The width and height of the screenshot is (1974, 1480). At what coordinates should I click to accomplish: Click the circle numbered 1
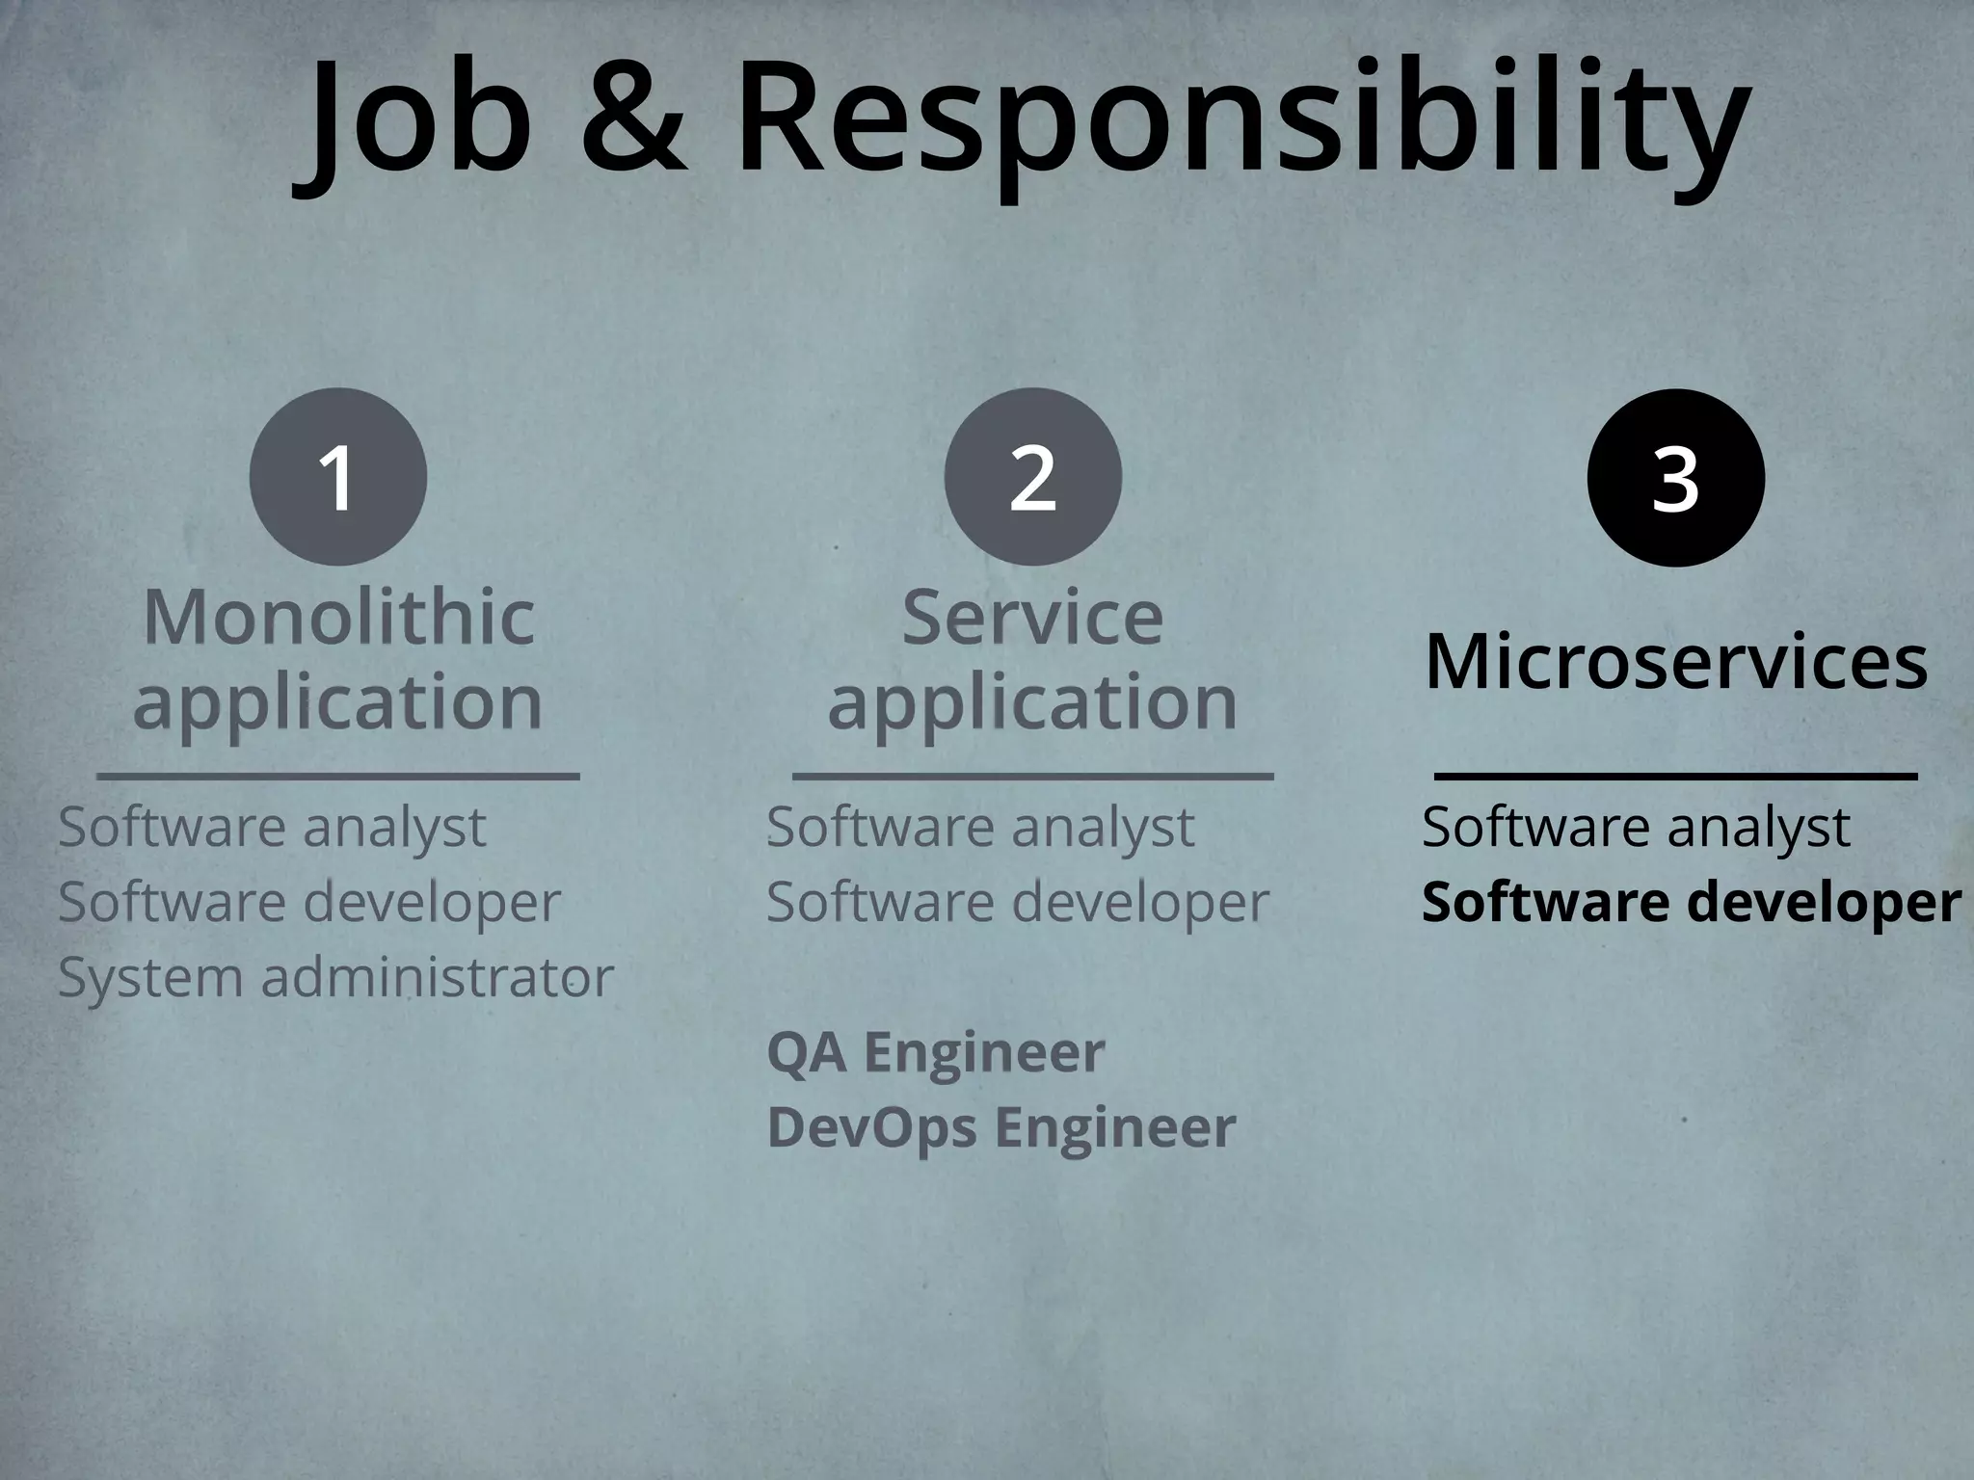click(338, 477)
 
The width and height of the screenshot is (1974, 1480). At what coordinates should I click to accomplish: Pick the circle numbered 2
click(1032, 477)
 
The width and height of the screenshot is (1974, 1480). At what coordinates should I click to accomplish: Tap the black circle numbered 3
click(1675, 478)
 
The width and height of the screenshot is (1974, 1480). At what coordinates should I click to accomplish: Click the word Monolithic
click(338, 617)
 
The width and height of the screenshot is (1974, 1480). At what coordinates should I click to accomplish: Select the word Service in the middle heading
click(1032, 617)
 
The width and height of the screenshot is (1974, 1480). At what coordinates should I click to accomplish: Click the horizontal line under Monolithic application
click(338, 776)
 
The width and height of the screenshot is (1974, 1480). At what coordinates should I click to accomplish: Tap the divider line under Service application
click(1032, 776)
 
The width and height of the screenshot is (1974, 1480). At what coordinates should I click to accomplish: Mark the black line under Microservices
click(1675, 776)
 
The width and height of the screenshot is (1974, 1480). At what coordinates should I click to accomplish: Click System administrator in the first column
click(335, 977)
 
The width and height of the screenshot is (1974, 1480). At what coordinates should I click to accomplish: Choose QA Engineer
click(935, 1051)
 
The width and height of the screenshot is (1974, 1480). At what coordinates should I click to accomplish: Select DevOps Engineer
click(1000, 1126)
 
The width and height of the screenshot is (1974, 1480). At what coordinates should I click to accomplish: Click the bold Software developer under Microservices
click(1691, 903)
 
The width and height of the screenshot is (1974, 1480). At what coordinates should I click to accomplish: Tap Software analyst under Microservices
click(1636, 827)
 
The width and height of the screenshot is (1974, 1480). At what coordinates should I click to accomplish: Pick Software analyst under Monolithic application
click(272, 827)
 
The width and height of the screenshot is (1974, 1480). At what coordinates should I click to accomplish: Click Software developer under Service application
click(1017, 903)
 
